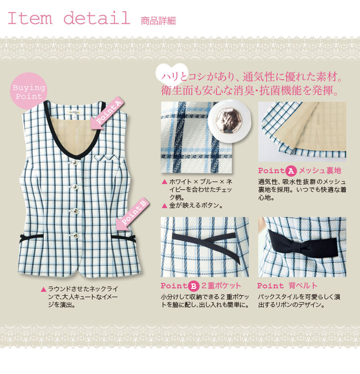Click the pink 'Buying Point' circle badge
tap(29, 91)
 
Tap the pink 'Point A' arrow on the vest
tap(107, 113)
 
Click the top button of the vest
tap(74, 162)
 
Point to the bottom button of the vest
tap(75, 235)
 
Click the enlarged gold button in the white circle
tap(229, 121)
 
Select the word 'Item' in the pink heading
tap(30, 18)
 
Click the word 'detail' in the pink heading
tap(97, 18)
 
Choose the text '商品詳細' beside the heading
tap(158, 21)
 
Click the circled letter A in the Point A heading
tap(291, 171)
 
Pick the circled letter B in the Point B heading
tap(193, 286)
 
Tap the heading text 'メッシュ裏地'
tap(320, 171)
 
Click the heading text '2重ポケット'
tap(221, 285)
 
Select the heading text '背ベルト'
tap(303, 285)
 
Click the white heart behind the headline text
tap(172, 73)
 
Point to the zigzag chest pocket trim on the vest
tap(106, 157)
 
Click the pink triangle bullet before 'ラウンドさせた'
tap(43, 289)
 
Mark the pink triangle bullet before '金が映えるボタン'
tap(164, 206)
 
